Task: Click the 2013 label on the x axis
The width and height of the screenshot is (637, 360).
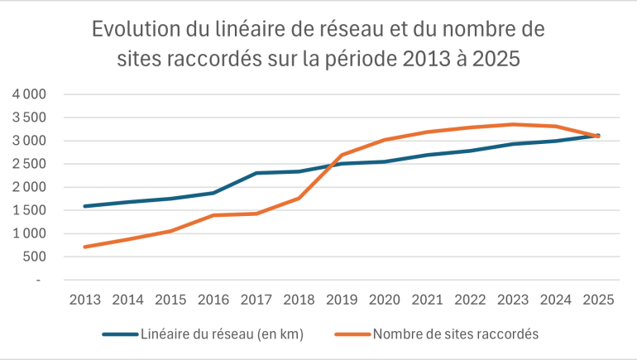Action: pos(85,300)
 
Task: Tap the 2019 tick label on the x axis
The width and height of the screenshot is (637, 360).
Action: pos(342,300)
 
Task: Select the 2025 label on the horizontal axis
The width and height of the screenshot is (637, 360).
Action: pos(598,300)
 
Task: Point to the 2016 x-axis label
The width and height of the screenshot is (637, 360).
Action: pos(213,300)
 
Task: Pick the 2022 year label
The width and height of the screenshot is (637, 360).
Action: pos(470,300)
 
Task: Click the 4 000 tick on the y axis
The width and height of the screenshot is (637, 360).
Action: pos(29,94)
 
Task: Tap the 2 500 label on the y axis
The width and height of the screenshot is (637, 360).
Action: pos(29,164)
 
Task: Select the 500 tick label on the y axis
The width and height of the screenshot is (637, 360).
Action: pos(35,257)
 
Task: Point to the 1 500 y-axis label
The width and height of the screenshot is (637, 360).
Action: pos(29,210)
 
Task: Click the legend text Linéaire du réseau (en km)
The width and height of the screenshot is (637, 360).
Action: pos(223,334)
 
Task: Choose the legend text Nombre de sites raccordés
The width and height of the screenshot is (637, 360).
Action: pos(456,334)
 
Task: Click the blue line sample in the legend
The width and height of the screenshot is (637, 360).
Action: pos(120,334)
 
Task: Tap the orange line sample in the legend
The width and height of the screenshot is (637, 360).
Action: pos(352,334)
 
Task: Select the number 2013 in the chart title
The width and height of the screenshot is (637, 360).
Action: pos(427,59)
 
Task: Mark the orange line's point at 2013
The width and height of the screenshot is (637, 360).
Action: pos(85,247)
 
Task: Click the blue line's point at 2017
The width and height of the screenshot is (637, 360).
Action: pos(256,173)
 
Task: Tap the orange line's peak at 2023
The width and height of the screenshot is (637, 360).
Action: pos(513,124)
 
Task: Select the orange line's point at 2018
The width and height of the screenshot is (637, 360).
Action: pos(299,199)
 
